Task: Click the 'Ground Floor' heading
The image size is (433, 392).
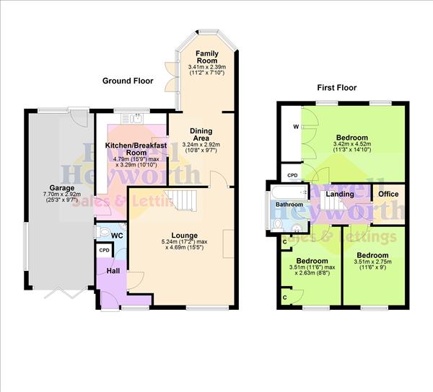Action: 128,81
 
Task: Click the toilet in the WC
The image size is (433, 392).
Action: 104,232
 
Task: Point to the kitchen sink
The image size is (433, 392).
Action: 132,118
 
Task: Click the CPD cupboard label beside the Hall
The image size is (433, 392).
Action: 105,250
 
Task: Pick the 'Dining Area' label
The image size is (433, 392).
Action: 201,135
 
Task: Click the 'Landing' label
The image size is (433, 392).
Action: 340,194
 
